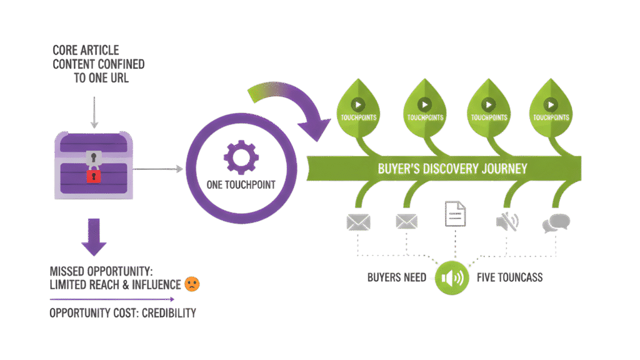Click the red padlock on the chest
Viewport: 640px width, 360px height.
coord(93,176)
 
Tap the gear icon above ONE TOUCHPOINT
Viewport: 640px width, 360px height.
coord(240,158)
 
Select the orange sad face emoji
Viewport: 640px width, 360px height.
coord(192,284)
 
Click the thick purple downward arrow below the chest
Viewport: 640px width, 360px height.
coord(95,236)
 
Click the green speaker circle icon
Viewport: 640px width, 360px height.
coord(454,277)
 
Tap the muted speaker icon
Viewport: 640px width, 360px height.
coord(506,222)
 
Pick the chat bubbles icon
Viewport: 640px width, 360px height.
coord(556,223)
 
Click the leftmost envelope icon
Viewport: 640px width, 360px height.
coord(358,222)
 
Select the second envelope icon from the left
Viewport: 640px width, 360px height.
coord(407,222)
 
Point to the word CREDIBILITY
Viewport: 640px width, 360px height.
coord(161,312)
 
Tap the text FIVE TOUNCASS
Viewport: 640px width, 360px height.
coord(509,277)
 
